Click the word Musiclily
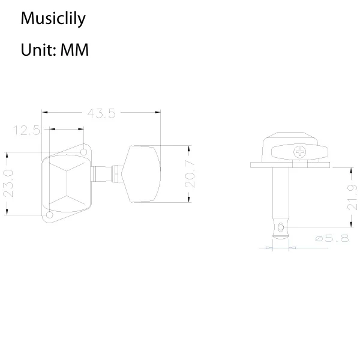[53, 19]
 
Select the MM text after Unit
[75, 50]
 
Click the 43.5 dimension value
[101, 112]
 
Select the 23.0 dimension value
[8, 183]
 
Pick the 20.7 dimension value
[190, 175]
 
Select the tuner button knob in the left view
[143, 174]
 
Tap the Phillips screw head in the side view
[298, 152]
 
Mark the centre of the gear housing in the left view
[66, 183]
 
